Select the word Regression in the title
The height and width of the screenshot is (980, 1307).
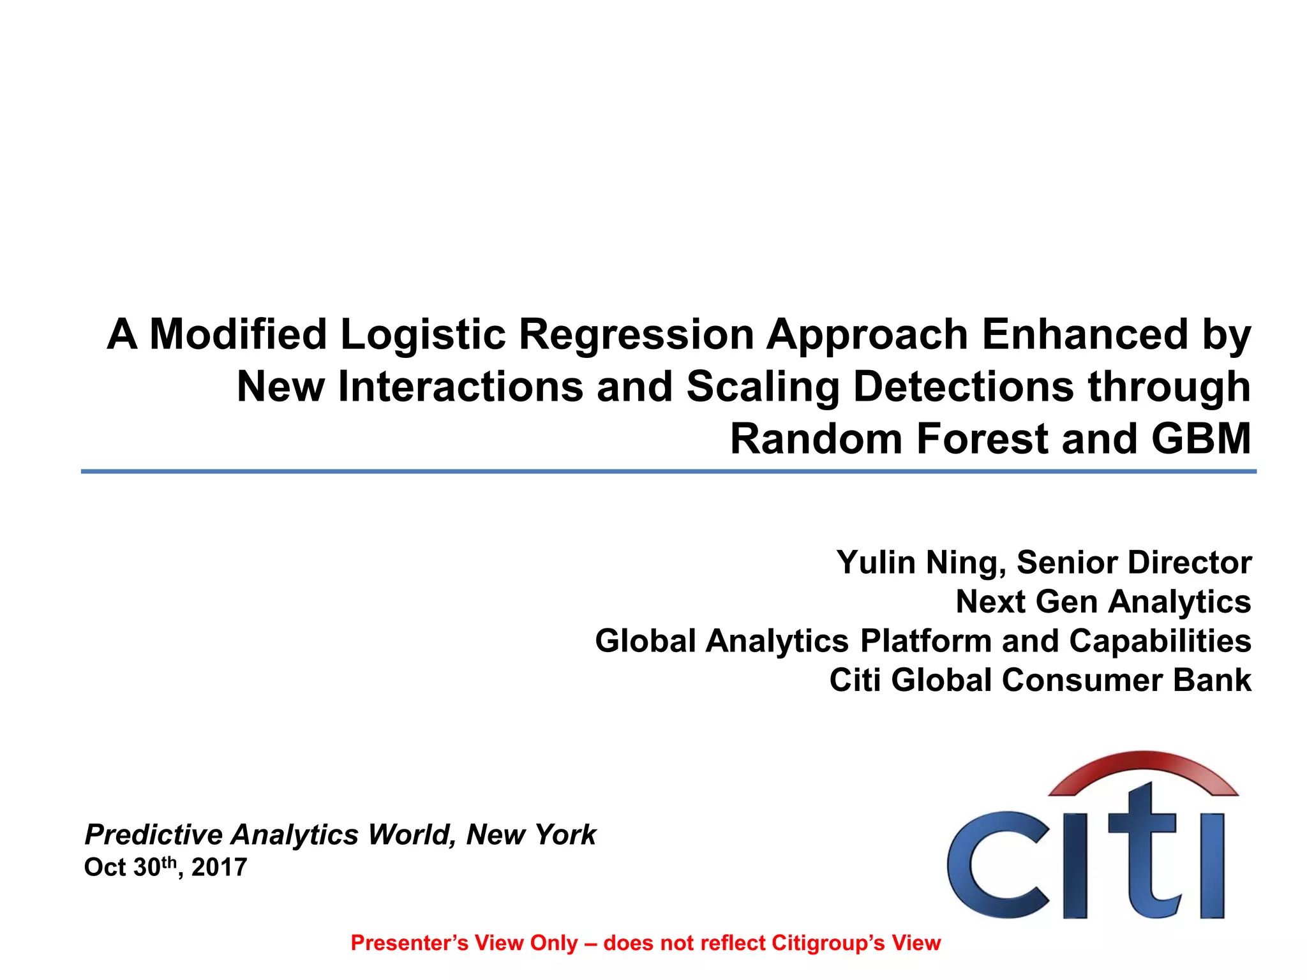[x=636, y=334]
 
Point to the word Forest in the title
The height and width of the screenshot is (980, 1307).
[x=982, y=439]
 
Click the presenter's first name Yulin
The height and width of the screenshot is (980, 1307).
[x=876, y=563]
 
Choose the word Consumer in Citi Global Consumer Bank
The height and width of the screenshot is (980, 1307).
[x=1082, y=680]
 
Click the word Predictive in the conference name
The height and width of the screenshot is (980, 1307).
[x=154, y=835]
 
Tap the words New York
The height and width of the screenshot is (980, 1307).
[x=531, y=835]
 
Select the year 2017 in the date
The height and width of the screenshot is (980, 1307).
[x=219, y=868]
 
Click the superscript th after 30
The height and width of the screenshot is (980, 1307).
[x=168, y=863]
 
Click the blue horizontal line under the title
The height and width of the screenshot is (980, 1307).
[x=668, y=471]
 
